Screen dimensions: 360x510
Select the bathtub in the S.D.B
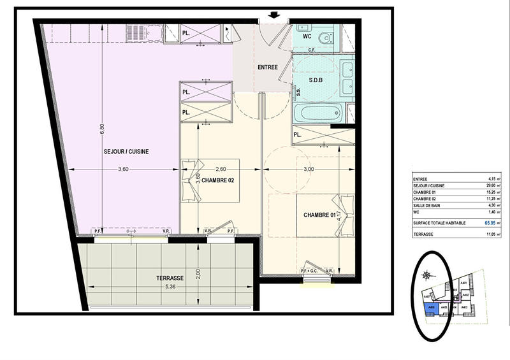[x=317, y=113]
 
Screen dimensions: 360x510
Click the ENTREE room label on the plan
[x=268, y=68]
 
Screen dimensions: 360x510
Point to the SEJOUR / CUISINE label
[x=126, y=152]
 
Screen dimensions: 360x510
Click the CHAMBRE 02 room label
[x=219, y=180]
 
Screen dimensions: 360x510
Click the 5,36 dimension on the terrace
[x=170, y=285]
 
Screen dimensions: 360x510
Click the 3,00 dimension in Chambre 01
[x=308, y=169]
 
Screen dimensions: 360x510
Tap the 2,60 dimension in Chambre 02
[x=220, y=169]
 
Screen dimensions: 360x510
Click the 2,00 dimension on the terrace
[x=198, y=273]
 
